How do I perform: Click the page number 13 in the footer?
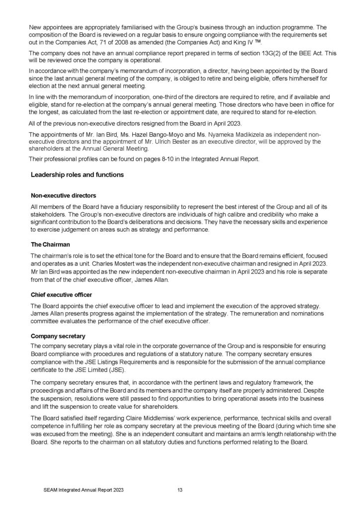tap(180, 490)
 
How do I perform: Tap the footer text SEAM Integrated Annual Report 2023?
tap(84, 490)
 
